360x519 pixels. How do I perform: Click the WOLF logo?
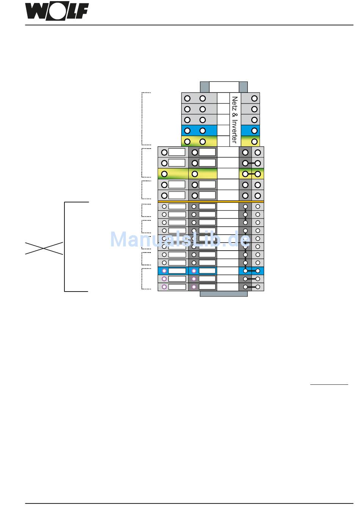(x=57, y=11)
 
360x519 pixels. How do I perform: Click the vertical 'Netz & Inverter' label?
(x=235, y=119)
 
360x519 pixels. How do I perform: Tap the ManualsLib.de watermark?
(x=180, y=240)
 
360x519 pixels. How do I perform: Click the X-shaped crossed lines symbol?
(x=44, y=248)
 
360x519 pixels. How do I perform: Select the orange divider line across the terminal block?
(x=211, y=201)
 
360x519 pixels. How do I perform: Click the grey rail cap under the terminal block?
(x=224, y=294)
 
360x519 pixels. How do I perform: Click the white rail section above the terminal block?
(x=224, y=87)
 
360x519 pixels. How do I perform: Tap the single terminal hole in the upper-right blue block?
(x=254, y=131)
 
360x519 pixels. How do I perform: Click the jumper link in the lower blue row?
(x=252, y=271)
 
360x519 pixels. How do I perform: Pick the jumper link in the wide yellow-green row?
(x=252, y=174)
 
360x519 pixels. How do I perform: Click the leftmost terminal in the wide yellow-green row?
(x=164, y=174)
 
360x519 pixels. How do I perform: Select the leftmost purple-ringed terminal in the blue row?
(x=164, y=271)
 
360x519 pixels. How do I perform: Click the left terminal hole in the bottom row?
(x=164, y=287)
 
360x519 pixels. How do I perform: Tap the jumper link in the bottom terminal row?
(x=252, y=287)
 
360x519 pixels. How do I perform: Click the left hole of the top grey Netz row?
(x=187, y=99)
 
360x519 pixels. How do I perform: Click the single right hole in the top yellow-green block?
(x=254, y=142)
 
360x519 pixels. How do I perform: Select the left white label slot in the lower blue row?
(x=177, y=271)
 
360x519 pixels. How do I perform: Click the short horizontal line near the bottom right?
(x=329, y=384)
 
